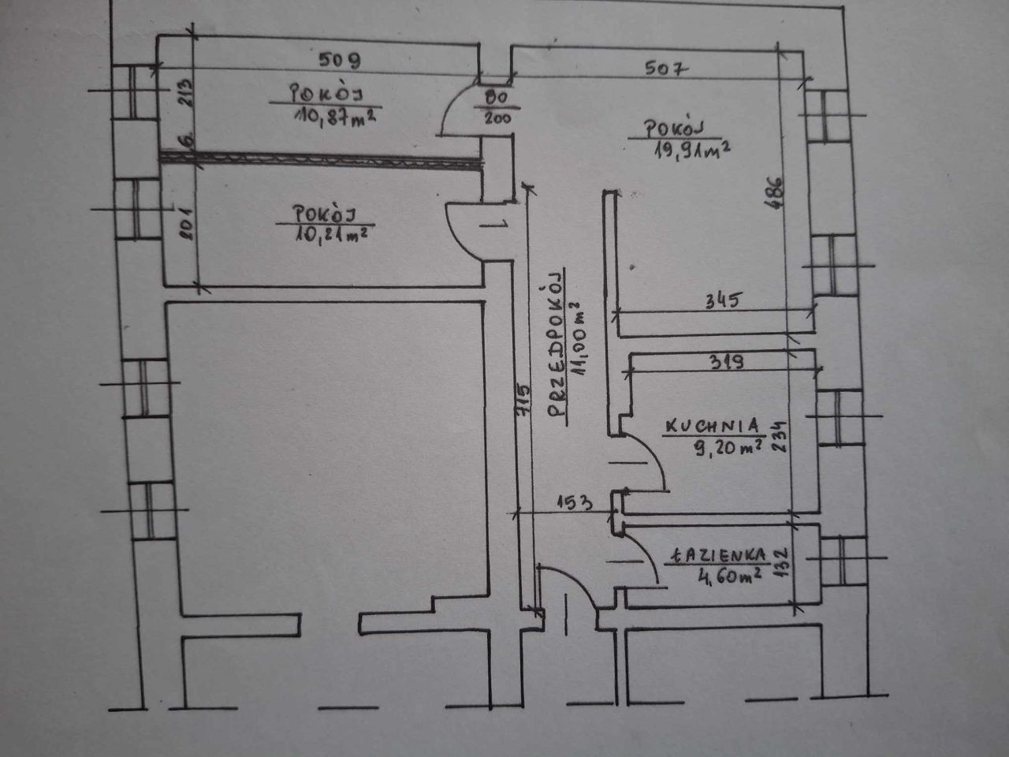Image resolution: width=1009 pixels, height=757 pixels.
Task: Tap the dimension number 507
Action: click(x=667, y=69)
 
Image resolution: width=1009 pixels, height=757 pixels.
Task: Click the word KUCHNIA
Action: click(x=713, y=426)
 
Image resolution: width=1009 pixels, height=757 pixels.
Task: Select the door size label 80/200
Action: click(x=496, y=109)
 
